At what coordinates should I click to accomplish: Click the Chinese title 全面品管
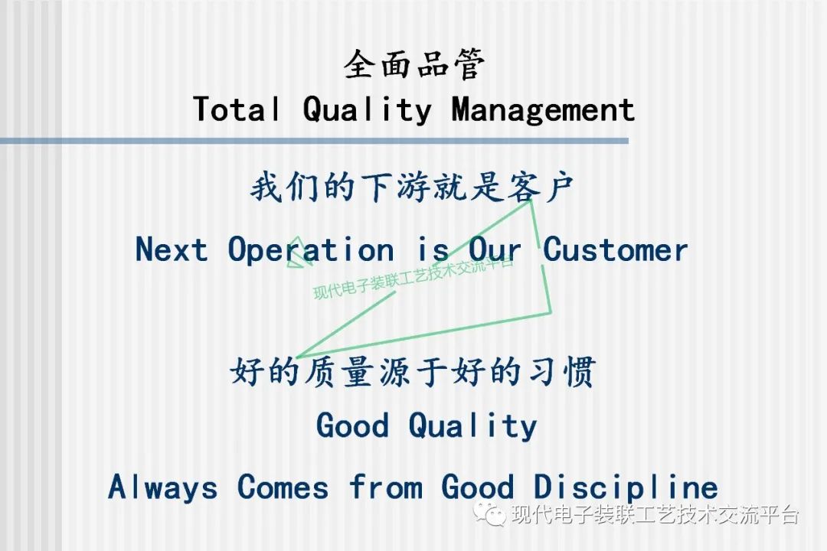(414, 64)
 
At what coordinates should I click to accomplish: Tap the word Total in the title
(237, 109)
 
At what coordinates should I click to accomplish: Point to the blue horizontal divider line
(315, 141)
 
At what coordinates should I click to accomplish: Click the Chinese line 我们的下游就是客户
(412, 187)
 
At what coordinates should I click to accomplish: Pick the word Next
(172, 249)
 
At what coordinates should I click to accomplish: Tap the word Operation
(311, 250)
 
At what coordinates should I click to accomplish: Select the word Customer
(616, 249)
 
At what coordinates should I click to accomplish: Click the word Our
(495, 249)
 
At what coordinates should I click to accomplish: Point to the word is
(433, 249)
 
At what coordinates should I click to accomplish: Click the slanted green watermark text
(413, 279)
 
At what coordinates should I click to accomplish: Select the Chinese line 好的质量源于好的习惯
(413, 371)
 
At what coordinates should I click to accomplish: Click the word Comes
(283, 487)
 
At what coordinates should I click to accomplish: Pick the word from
(385, 486)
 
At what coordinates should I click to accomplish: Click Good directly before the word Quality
(352, 425)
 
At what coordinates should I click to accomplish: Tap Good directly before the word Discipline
(477, 487)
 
